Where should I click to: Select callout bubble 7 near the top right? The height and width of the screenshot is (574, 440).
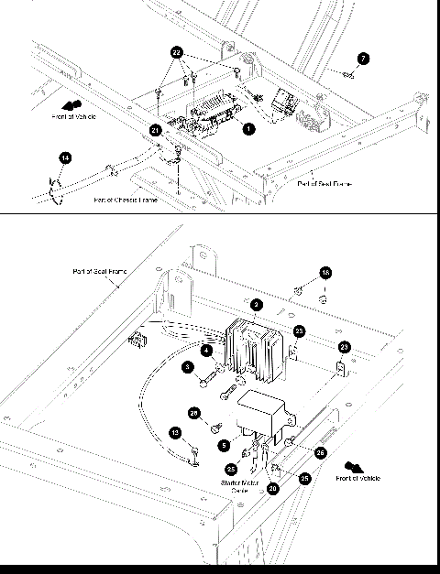tap(363, 59)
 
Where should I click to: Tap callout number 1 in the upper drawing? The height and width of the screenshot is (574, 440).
tap(247, 129)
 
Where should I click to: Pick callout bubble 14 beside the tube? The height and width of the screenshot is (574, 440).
tap(64, 158)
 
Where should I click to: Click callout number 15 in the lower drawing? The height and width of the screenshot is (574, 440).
tap(325, 272)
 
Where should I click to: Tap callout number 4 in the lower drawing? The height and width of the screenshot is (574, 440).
tap(207, 350)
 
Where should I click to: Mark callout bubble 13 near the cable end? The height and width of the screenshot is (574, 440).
tap(174, 432)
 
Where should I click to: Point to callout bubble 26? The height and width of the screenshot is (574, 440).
tap(320, 452)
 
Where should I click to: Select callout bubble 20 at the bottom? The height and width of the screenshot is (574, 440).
tap(273, 489)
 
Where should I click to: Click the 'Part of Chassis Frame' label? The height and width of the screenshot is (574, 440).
tap(125, 200)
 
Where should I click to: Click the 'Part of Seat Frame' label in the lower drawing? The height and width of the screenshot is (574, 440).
tap(101, 272)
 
